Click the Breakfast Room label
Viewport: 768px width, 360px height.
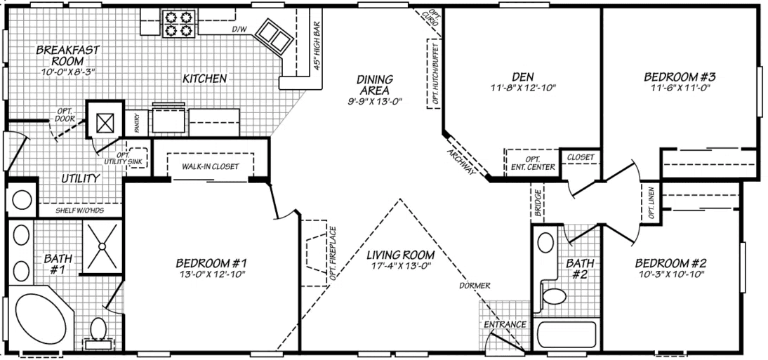pos(67,55)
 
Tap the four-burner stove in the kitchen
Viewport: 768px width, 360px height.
pos(177,24)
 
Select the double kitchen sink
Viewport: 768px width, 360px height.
pos(274,33)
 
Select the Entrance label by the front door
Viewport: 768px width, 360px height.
pos(505,324)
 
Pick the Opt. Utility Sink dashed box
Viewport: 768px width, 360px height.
pos(136,159)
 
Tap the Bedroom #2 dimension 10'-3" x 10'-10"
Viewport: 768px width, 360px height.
pos(670,274)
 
